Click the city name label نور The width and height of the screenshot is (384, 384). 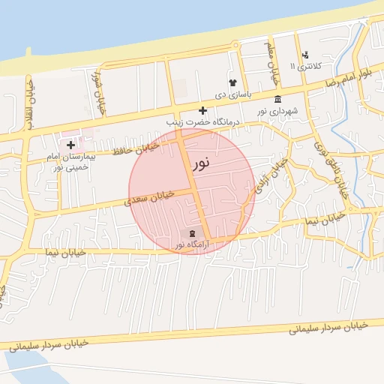202,162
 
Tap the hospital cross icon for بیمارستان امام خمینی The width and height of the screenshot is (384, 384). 71,144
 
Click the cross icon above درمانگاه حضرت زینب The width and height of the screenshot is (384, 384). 202,110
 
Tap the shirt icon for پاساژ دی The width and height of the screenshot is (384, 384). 232,83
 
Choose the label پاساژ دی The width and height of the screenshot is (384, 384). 232,95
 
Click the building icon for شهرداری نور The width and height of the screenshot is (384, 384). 278,100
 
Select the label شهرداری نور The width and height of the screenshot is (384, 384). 277,112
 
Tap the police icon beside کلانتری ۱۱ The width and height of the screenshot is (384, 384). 305,55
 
